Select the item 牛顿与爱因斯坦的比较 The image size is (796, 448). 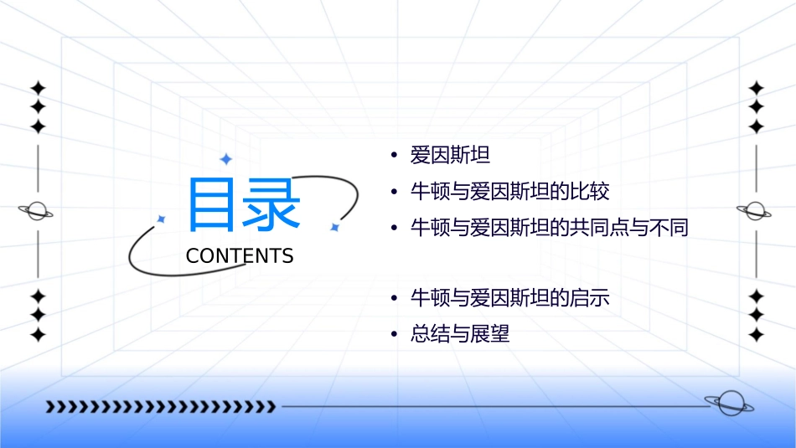[x=509, y=191]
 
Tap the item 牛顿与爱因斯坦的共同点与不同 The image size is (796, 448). [x=549, y=227]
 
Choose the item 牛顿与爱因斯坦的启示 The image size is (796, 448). [x=509, y=298]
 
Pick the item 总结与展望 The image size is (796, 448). [x=459, y=334]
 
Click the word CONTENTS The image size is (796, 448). [x=240, y=256]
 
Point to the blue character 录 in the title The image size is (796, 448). [x=271, y=204]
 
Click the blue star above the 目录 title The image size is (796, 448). [x=225, y=158]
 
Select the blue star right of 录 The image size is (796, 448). [x=334, y=227]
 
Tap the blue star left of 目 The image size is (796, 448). [x=162, y=219]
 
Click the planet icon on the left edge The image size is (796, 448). [x=37, y=211]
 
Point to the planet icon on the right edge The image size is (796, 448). [x=755, y=211]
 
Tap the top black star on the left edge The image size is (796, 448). [x=38, y=88]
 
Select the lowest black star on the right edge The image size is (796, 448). [x=757, y=335]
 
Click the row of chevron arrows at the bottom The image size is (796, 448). [x=160, y=407]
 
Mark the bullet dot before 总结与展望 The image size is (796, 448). [x=394, y=335]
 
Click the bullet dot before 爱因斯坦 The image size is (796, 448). [x=394, y=156]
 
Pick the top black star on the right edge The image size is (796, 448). [x=757, y=88]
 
